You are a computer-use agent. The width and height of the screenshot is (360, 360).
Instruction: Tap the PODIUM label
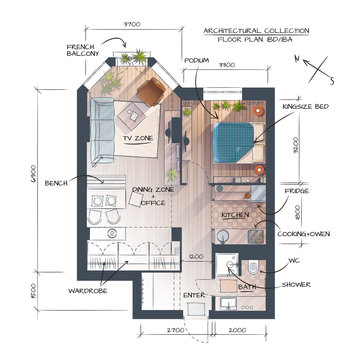pos(197,60)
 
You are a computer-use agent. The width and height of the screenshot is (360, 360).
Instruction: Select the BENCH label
pos(56,182)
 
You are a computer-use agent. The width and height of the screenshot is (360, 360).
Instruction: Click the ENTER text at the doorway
pos(194,295)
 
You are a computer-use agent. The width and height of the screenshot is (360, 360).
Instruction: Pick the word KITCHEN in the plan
pos(235,215)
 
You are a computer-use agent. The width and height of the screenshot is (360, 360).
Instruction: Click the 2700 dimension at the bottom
pos(176,329)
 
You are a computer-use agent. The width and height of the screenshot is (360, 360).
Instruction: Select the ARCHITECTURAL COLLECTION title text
pos(255,31)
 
